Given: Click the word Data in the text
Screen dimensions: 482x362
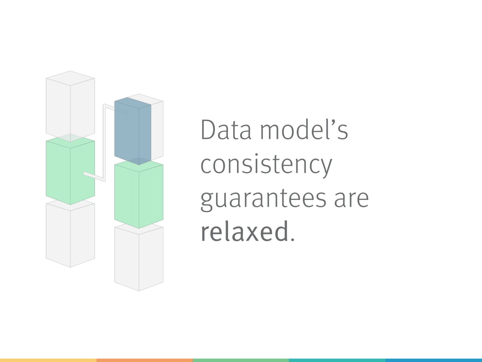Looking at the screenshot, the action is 226,130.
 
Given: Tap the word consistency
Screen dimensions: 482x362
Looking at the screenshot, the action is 266,166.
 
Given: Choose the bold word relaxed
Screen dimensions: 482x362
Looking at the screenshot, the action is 244,231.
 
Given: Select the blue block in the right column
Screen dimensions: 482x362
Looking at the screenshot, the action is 133,131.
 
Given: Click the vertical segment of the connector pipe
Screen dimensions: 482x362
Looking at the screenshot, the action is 104,142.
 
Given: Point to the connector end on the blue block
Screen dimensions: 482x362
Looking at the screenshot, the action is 126,113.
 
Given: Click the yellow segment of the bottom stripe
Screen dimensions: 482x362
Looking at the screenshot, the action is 48,360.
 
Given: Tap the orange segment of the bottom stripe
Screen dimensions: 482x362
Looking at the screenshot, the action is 145,360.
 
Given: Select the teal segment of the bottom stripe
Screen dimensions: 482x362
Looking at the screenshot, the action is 337,360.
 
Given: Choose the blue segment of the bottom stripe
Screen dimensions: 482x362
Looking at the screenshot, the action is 434,360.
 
